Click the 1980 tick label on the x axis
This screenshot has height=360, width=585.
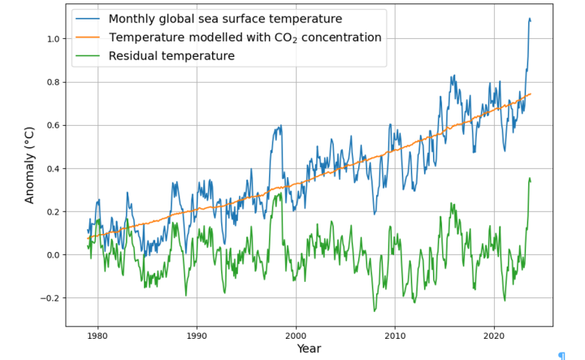coord(97,334)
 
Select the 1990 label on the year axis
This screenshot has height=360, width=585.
coord(196,334)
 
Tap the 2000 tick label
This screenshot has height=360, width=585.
coord(296,334)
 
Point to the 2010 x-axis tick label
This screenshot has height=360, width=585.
coord(395,334)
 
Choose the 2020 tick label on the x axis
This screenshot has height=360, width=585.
coord(495,334)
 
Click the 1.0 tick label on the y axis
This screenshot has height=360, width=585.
coord(53,39)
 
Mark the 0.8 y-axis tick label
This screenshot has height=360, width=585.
coord(53,82)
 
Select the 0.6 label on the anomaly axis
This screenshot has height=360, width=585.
coord(53,125)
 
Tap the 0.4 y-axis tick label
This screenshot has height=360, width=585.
coord(53,168)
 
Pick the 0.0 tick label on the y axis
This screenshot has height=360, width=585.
coord(53,255)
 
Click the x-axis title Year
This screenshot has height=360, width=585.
coord(309,349)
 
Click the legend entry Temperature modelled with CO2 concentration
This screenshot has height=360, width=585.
coord(245,37)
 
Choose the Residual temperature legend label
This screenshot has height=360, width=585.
coord(171,56)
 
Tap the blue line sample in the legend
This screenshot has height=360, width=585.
coord(89,19)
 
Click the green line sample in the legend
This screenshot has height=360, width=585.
coord(89,56)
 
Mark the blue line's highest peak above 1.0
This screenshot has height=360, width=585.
coord(530,18)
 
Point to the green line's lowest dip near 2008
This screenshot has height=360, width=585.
coord(375,310)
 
